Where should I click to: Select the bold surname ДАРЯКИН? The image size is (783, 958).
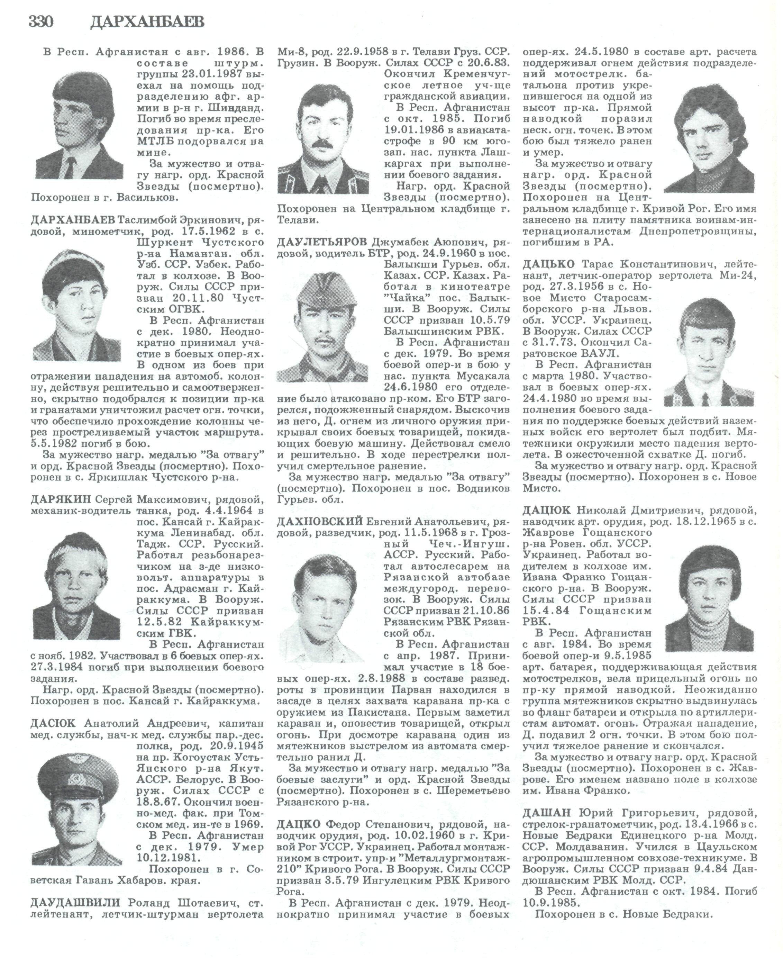click(x=61, y=499)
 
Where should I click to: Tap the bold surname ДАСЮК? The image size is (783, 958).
click(x=54, y=723)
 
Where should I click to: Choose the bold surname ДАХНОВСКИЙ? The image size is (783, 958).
click(x=320, y=522)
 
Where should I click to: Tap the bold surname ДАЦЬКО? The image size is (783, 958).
click(x=548, y=264)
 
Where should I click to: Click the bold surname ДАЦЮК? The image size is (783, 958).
click(x=547, y=510)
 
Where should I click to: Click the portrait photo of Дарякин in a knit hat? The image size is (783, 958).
click(x=77, y=586)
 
